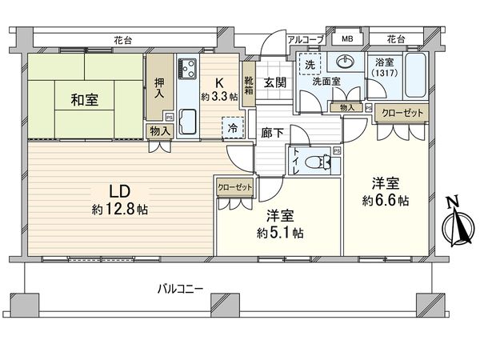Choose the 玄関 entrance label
(274, 78)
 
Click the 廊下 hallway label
(272, 134)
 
